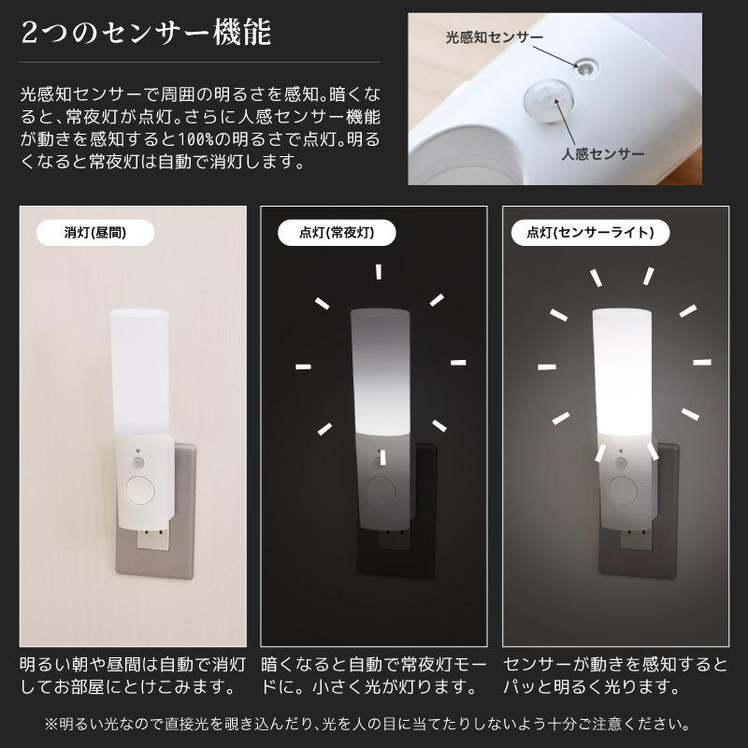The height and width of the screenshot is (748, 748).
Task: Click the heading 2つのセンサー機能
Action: click(x=146, y=35)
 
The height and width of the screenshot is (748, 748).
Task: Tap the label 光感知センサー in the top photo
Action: click(x=494, y=37)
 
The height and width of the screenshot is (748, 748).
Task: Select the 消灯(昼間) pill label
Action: click(x=94, y=232)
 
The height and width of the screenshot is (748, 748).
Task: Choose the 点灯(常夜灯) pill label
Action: click(x=338, y=232)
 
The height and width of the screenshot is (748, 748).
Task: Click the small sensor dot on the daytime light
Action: click(x=137, y=458)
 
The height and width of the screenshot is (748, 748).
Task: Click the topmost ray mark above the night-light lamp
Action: click(x=379, y=273)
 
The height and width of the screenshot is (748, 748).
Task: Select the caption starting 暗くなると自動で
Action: click(x=374, y=676)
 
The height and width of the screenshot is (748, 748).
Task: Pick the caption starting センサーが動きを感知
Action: click(x=614, y=676)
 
